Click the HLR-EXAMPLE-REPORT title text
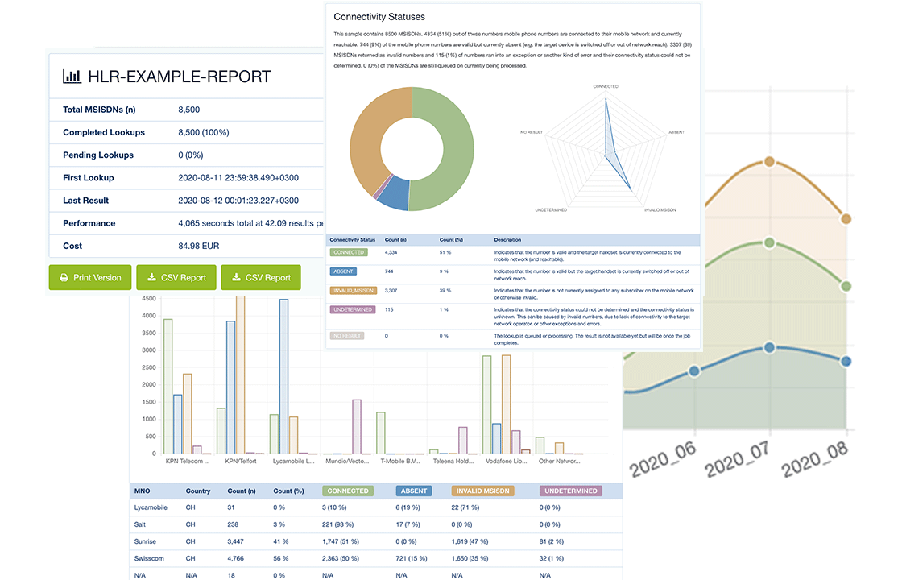pyautogui.click(x=180, y=77)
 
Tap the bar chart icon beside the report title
pyautogui.click(x=72, y=77)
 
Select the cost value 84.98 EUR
pyautogui.click(x=199, y=246)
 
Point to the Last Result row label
pyautogui.click(x=85, y=201)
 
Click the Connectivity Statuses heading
pyautogui.click(x=379, y=17)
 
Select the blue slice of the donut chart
pyautogui.click(x=394, y=196)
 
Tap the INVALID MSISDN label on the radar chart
pyautogui.click(x=660, y=209)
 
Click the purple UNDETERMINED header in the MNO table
pyautogui.click(x=571, y=491)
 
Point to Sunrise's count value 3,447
pyautogui.click(x=241, y=541)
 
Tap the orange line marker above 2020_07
pyautogui.click(x=769, y=161)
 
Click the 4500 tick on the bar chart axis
pyautogui.click(x=148, y=298)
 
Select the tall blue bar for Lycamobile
pyautogui.click(x=283, y=376)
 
